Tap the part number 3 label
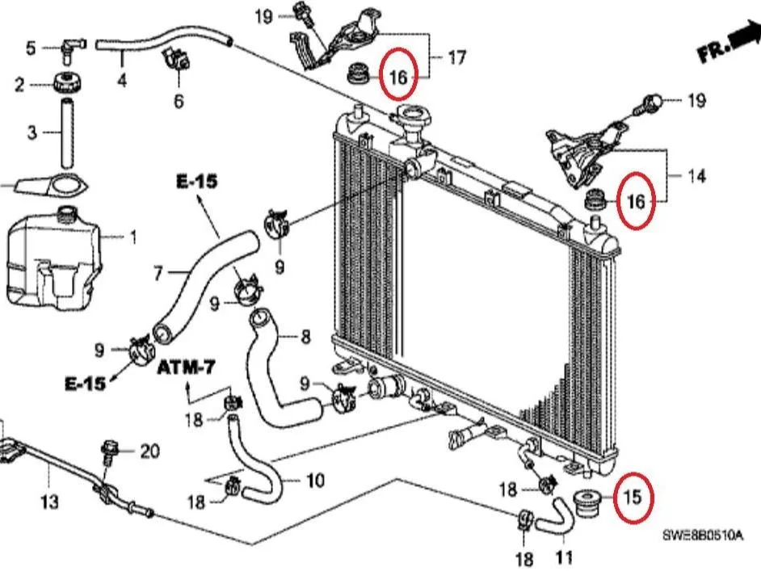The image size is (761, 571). (32, 132)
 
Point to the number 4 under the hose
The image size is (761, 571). (122, 80)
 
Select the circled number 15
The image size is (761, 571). (633, 497)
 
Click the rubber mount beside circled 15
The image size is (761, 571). (587, 505)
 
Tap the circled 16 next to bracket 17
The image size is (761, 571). (397, 76)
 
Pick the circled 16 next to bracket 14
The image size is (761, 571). (636, 200)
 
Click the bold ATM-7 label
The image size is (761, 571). (186, 368)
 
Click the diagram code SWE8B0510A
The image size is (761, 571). (703, 535)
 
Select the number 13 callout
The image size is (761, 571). (49, 502)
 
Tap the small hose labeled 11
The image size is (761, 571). (556, 519)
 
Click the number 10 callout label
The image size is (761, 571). (315, 481)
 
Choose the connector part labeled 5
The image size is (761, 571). (73, 48)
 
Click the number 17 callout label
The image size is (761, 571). (456, 57)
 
